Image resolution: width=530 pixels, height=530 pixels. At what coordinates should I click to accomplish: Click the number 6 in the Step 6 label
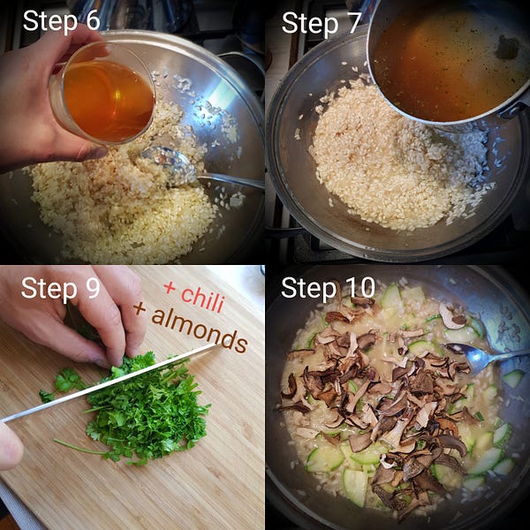[x=93, y=20]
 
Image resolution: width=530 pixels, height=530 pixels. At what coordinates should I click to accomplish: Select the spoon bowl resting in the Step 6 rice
[x=169, y=166]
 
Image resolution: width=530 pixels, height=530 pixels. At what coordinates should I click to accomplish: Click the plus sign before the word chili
[x=170, y=288]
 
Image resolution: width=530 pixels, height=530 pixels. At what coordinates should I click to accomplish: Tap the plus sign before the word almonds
[x=140, y=308]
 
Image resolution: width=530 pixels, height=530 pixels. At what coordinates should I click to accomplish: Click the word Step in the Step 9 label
[x=49, y=289]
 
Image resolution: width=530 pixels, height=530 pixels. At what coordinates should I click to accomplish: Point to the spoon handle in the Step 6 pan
[x=231, y=181]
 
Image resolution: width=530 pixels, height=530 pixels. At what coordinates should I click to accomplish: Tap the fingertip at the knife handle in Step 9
[x=10, y=446]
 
